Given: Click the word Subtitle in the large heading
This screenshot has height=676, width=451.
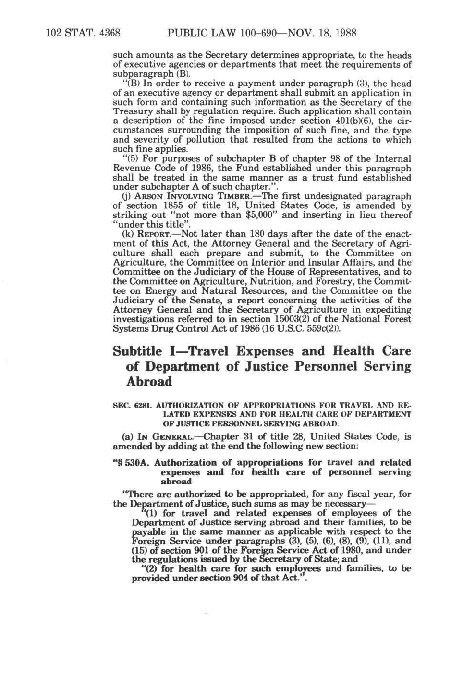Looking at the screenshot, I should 137,351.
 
